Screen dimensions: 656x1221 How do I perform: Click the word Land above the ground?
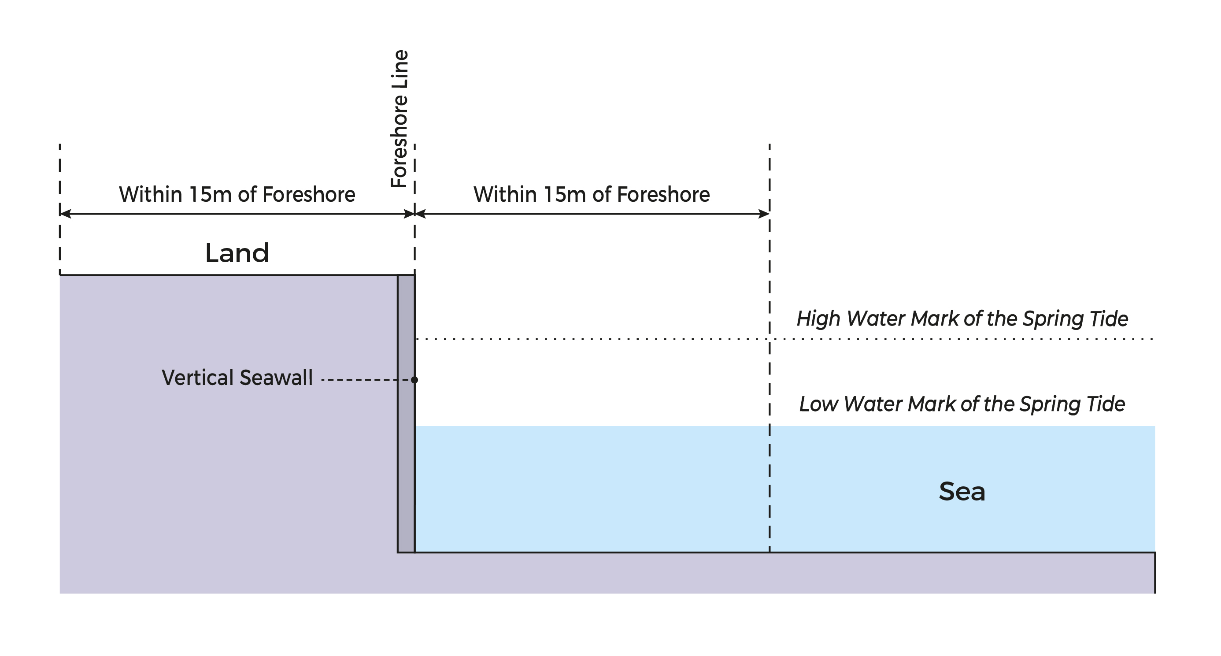pos(237,253)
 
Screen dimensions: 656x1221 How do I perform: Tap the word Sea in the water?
pos(962,492)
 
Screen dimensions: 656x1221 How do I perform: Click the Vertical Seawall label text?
pos(237,378)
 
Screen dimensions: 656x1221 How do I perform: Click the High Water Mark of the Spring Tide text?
pos(962,319)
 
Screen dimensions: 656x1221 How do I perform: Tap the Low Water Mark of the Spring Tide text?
pos(962,404)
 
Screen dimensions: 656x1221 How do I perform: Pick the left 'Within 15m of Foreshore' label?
pos(237,194)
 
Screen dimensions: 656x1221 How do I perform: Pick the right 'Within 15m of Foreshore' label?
pos(591,194)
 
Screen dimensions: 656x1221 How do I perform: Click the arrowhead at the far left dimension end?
pos(65,214)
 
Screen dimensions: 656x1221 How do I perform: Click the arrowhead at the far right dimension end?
pos(764,214)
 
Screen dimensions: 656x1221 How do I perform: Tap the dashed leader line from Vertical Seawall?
pos(365,380)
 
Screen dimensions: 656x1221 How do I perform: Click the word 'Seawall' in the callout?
pos(276,378)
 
